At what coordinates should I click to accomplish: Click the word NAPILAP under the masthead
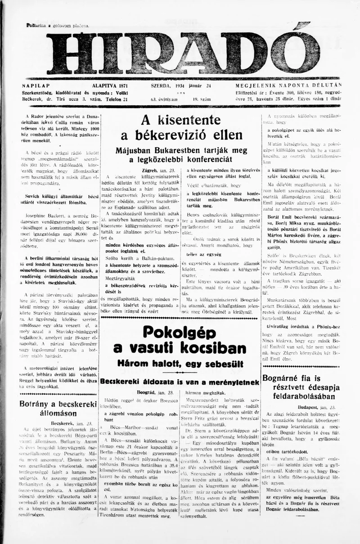36,85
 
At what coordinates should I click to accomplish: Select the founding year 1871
120,85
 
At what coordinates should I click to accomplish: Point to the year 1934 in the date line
181,85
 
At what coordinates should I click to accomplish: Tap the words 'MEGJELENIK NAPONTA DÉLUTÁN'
288,85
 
